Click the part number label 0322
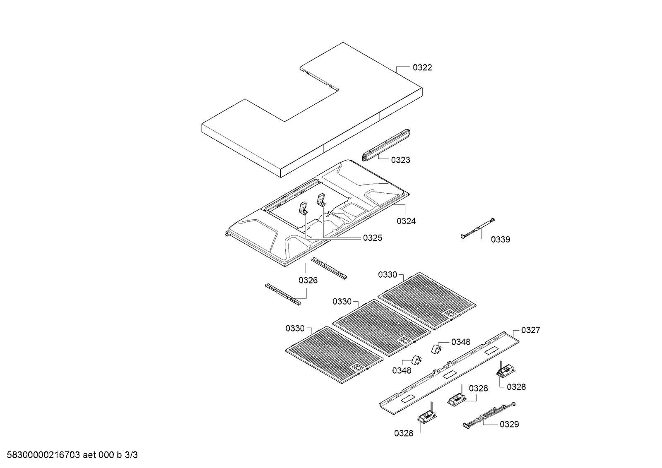[422, 68]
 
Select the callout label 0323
[400, 160]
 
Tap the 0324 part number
[406, 221]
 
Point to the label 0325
[372, 238]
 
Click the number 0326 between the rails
[308, 281]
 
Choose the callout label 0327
[531, 330]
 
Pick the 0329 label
[509, 425]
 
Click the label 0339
[501, 240]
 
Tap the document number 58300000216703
[43, 455]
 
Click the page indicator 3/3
[131, 455]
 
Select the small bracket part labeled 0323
[386, 145]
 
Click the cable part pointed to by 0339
[478, 228]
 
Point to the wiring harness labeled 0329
[489, 415]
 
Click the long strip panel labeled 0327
[449, 373]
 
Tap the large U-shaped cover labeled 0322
[312, 110]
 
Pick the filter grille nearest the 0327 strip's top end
[427, 301]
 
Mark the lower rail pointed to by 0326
[283, 294]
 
